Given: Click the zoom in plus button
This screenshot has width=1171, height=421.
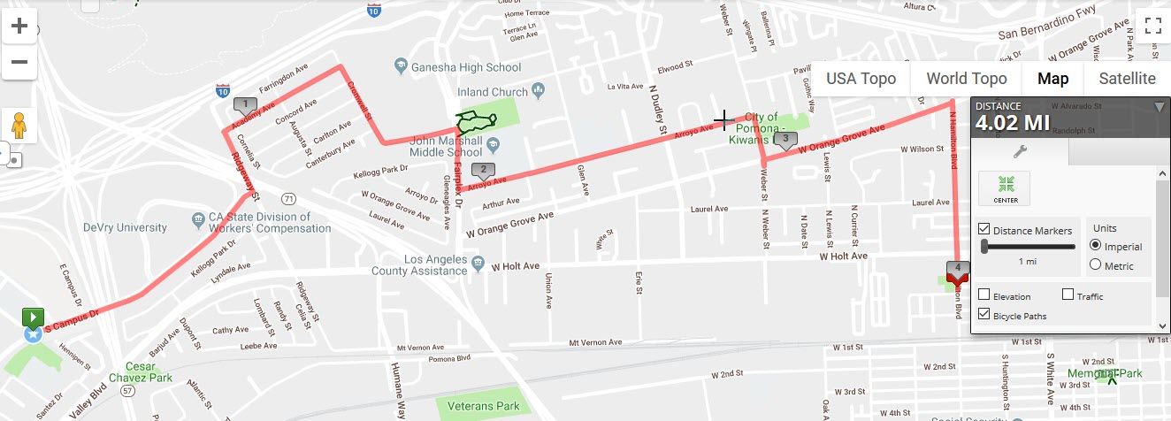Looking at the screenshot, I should pos(19,26).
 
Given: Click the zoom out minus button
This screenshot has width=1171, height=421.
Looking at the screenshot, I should pos(19,62).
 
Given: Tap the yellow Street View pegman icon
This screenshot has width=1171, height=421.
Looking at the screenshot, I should pos(19,125).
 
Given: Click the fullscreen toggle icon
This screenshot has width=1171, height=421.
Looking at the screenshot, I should pos(1152,26).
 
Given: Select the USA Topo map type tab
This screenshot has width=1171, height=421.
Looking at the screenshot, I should pos(861,79).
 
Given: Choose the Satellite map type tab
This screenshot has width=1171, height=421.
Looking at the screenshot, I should pos(1127,79).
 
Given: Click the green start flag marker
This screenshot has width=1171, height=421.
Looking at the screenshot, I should pos(33,316).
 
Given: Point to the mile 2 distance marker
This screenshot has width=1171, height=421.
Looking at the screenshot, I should pos(482,170).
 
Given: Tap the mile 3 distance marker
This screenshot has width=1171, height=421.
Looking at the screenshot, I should pos(784,139).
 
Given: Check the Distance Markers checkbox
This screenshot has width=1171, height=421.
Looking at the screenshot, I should pos(984,230).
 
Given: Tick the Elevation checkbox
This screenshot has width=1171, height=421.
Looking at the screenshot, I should pos(984,295).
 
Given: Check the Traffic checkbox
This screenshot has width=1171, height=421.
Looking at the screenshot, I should pos(1068,295).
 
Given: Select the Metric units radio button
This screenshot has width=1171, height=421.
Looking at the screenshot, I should pos(1096,265).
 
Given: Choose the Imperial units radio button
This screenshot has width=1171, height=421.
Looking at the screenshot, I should pos(1096,246).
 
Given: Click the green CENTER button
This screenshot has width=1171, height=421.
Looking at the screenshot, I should pos(1005,188).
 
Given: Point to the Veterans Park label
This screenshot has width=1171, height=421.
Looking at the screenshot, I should pos(483,406).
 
